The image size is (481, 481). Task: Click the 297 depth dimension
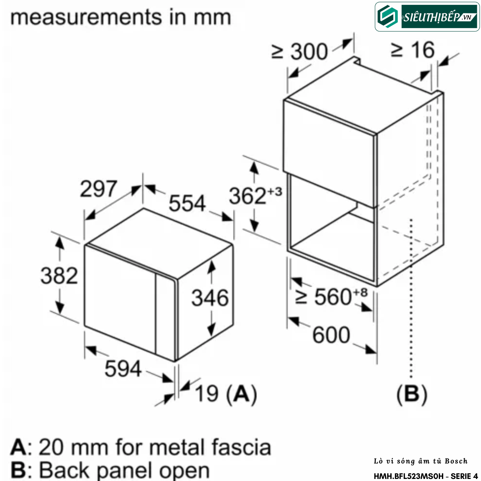[x=98, y=189]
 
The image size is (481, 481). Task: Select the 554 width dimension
[x=187, y=203]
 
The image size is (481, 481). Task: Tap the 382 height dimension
[x=59, y=276]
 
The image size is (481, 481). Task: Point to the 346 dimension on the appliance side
[x=210, y=298]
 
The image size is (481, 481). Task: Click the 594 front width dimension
[x=123, y=369]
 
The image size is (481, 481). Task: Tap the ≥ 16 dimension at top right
[x=413, y=50]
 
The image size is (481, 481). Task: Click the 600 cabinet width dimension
[x=331, y=335]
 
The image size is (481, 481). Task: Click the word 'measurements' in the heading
[x=86, y=17]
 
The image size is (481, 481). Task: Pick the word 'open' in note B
[x=184, y=471]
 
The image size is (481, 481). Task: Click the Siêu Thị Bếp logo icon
[x=388, y=17]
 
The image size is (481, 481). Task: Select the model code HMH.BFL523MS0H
[x=409, y=476]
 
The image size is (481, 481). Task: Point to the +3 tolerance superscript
[x=275, y=192]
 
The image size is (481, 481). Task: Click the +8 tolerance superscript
[x=360, y=292]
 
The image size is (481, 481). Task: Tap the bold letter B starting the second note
[x=18, y=470]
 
